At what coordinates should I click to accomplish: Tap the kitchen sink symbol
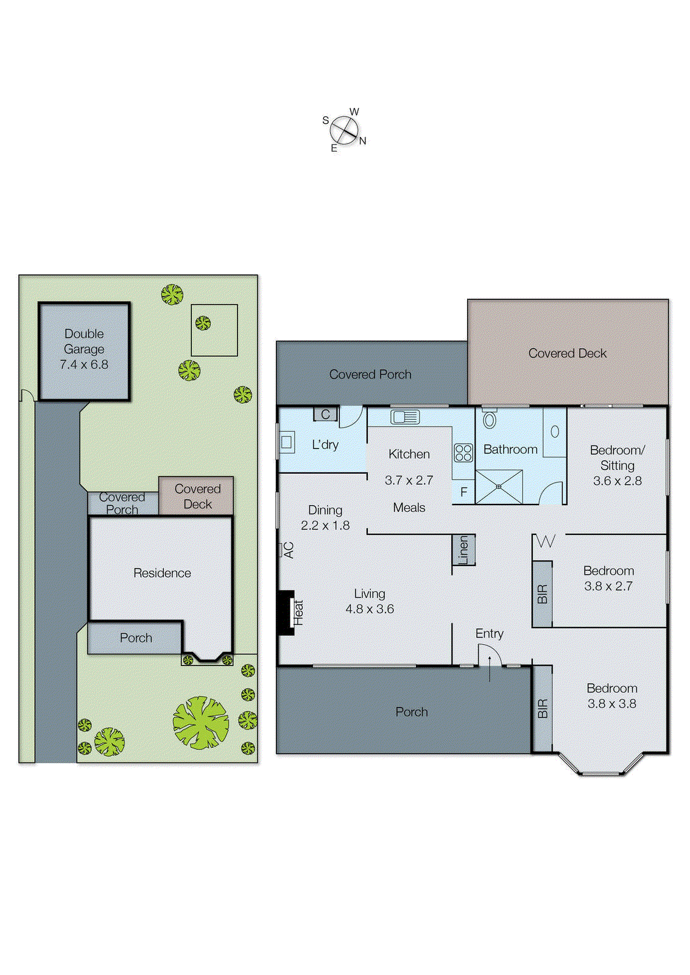405,417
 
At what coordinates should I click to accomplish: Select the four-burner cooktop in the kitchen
463,453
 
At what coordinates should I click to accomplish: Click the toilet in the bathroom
490,419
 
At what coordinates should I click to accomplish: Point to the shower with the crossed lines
499,486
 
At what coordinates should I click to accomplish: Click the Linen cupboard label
463,550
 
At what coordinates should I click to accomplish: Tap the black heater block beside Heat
286,612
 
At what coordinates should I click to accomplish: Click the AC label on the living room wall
289,550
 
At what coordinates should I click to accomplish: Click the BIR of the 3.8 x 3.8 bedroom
542,708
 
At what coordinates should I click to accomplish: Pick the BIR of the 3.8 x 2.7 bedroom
542,594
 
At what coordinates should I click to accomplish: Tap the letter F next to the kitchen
464,492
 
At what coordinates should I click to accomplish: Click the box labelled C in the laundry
325,414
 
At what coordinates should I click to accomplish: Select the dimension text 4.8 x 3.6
370,609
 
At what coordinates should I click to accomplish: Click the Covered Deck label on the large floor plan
567,353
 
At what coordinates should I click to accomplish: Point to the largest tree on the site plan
201,723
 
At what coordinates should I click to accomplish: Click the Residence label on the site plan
162,573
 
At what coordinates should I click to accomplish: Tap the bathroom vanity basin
555,431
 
